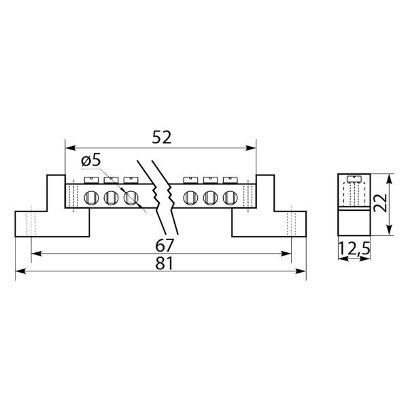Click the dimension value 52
click(x=162, y=137)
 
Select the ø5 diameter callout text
click(x=91, y=160)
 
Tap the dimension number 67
click(x=164, y=245)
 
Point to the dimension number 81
click(x=164, y=263)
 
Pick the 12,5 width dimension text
click(x=354, y=249)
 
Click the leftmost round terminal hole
click(x=91, y=197)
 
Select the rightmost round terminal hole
click(x=231, y=197)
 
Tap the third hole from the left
click(x=131, y=197)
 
